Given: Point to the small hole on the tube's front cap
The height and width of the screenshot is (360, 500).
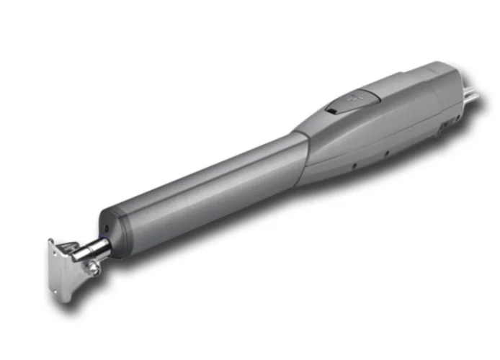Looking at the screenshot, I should coord(107,225).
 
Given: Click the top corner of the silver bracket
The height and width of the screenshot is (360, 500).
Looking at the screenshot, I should coord(51,242).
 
